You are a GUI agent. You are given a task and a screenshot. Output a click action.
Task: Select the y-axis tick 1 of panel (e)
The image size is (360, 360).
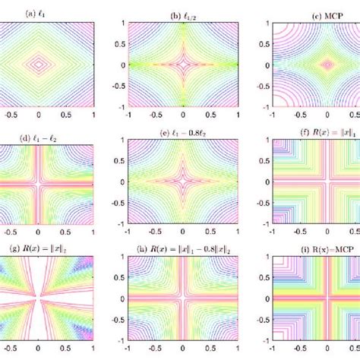pyautogui.click(x=110, y=147)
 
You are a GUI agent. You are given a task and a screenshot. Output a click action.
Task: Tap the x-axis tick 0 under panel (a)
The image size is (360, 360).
pyautogui.click(x=39, y=116)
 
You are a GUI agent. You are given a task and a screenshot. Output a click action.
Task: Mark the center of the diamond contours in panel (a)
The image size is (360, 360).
pyautogui.click(x=39, y=65)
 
